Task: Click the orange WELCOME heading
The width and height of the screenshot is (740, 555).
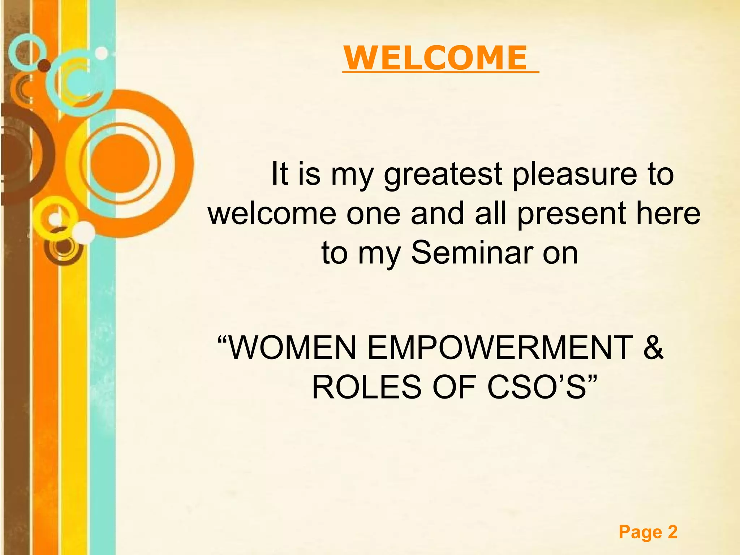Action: click(x=435, y=58)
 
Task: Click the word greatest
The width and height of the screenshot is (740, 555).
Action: click(x=443, y=175)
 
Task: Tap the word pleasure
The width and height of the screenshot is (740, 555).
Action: click(x=575, y=175)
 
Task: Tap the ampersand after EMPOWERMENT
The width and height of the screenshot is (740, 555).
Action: click(x=653, y=348)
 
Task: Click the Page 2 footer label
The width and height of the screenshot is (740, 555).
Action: click(x=648, y=532)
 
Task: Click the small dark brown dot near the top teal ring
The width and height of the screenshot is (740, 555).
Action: click(x=44, y=66)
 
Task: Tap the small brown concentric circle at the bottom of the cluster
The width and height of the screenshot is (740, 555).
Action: click(x=64, y=248)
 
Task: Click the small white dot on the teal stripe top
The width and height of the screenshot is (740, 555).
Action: click(x=102, y=53)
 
